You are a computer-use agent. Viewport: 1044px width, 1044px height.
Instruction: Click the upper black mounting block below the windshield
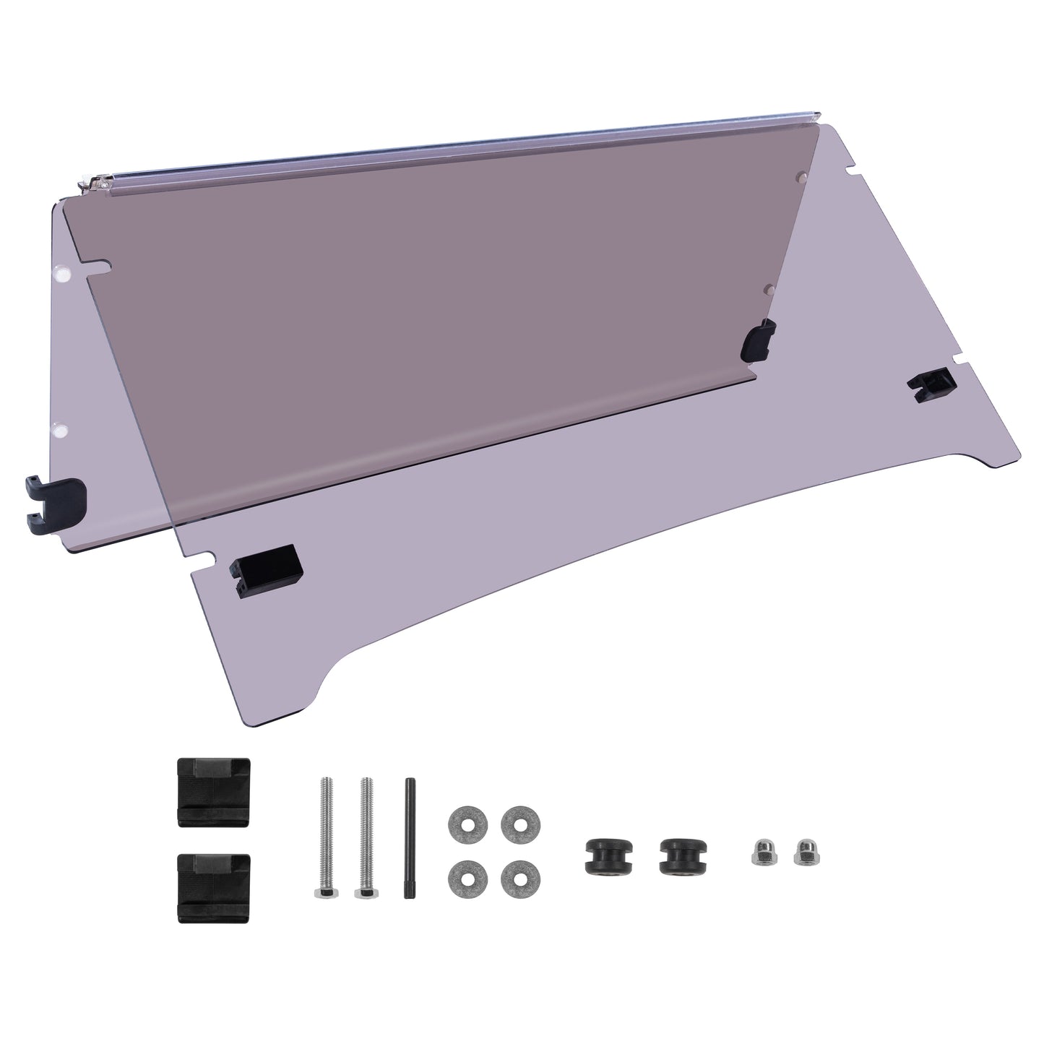pyautogui.click(x=214, y=790)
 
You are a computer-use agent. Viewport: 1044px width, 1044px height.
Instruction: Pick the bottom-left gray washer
pyautogui.click(x=462, y=875)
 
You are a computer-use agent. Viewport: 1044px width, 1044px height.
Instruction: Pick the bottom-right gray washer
pyautogui.click(x=515, y=875)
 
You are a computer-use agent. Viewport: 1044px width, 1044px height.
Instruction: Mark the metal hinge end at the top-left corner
pyautogui.click(x=95, y=186)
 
